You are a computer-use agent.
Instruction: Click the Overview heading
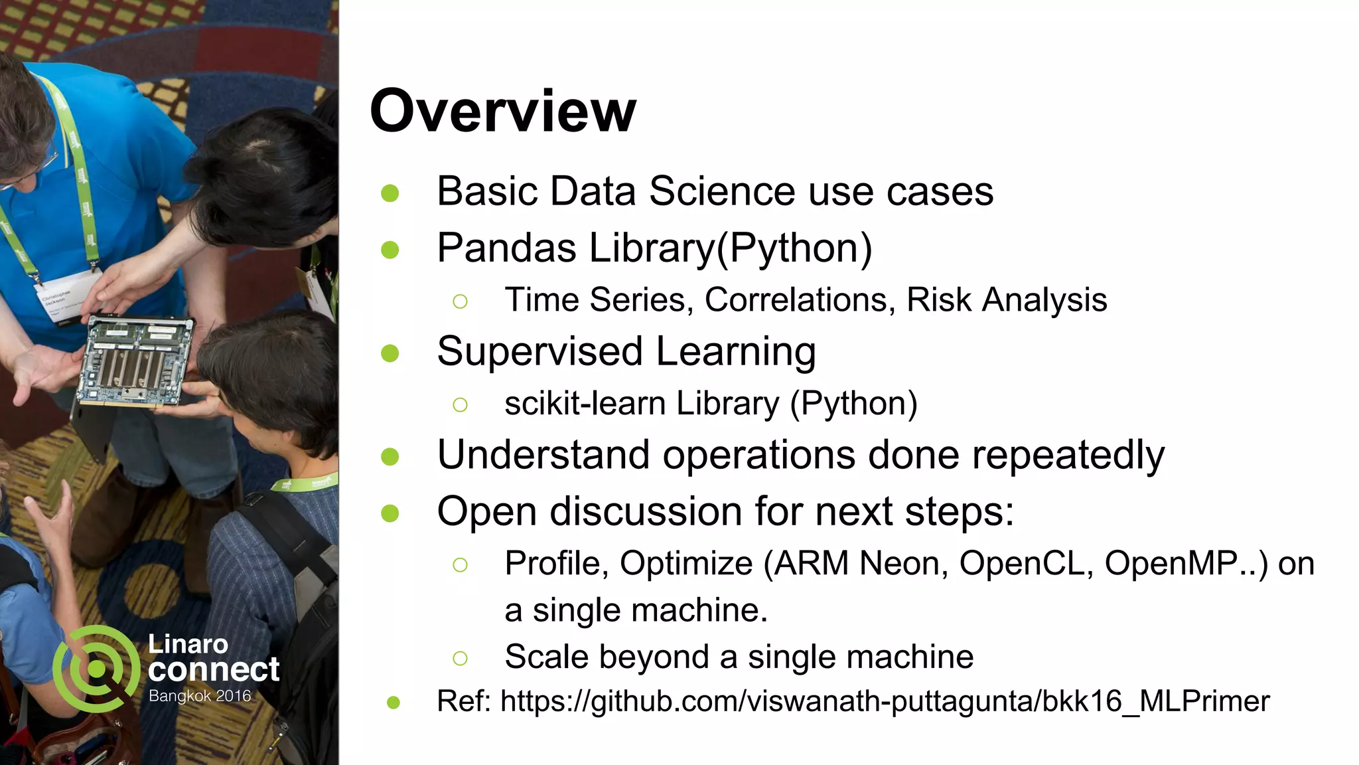[x=502, y=111]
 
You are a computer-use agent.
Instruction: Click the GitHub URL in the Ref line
[x=884, y=701]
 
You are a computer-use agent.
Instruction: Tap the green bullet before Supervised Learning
[x=390, y=353]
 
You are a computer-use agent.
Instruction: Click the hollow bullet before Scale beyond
[x=460, y=658]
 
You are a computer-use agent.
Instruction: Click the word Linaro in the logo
[x=188, y=644]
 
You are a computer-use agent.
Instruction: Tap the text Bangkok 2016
[x=200, y=696]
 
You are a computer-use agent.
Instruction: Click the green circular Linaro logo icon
[x=96, y=669]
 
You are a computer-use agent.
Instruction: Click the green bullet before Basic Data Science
[x=390, y=193]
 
